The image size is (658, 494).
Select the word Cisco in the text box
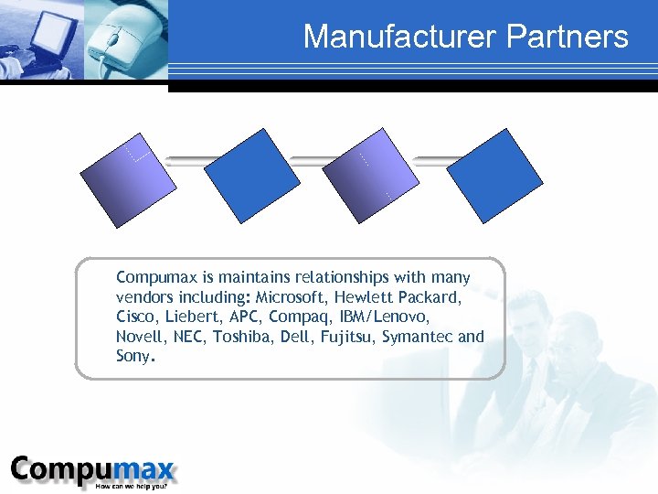(x=134, y=317)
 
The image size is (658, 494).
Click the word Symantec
(x=418, y=337)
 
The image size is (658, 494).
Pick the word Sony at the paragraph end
(x=134, y=356)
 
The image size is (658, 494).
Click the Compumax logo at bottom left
(x=91, y=469)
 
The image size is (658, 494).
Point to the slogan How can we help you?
(x=135, y=485)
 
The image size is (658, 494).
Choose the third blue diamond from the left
(x=369, y=176)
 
